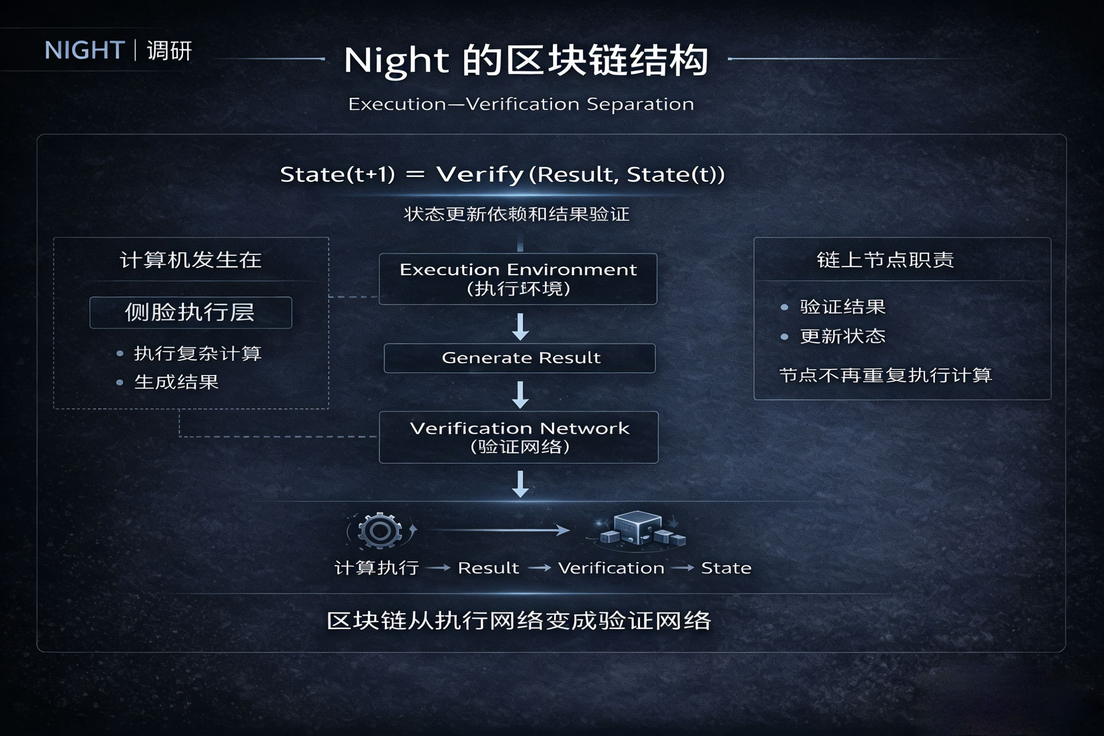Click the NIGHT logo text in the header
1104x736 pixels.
click(x=85, y=50)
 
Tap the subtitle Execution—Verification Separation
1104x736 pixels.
click(x=521, y=104)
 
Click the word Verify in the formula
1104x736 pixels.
click(x=480, y=175)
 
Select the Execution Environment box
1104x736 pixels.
click(x=518, y=279)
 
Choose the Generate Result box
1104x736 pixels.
click(x=519, y=358)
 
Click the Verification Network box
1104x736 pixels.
click(x=519, y=437)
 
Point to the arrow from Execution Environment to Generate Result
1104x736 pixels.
click(x=520, y=326)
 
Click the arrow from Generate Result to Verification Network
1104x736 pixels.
click(x=520, y=394)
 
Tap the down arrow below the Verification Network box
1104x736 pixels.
click(x=520, y=484)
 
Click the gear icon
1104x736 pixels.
click(x=380, y=531)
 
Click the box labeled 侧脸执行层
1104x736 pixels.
click(x=191, y=313)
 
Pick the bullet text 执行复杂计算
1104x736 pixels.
click(x=198, y=353)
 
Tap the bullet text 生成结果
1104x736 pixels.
click(x=177, y=382)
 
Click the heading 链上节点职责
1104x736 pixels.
click(x=885, y=260)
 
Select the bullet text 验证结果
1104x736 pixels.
click(x=843, y=307)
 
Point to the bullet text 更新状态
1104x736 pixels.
click(x=843, y=336)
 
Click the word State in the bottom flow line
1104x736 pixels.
click(x=726, y=568)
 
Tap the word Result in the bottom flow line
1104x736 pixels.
click(x=488, y=568)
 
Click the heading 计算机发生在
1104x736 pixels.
click(x=191, y=260)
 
